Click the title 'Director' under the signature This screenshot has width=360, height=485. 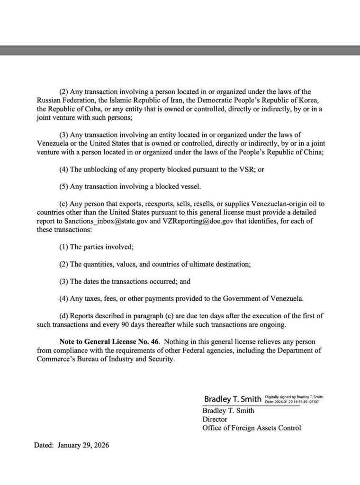(x=215, y=419)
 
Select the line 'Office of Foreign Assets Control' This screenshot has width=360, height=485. (x=252, y=428)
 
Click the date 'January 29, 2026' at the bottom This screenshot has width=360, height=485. (x=83, y=446)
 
